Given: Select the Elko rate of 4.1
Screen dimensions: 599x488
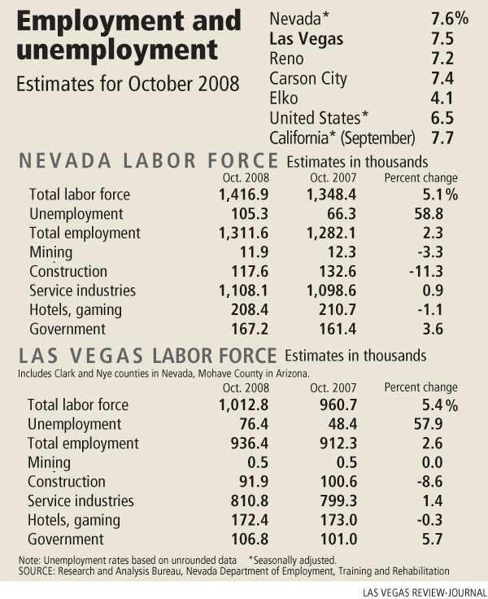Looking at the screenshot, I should click(443, 99).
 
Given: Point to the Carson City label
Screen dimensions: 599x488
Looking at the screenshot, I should click(308, 79).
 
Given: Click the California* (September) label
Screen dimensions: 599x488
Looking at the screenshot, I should click(342, 139).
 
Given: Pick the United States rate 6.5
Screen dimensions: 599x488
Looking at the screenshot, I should click(443, 120).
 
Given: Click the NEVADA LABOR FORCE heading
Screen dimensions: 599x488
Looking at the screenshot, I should click(149, 161).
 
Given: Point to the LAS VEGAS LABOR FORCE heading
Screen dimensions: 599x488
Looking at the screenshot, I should click(148, 356).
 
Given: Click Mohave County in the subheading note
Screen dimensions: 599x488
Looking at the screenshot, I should click(220, 373).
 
